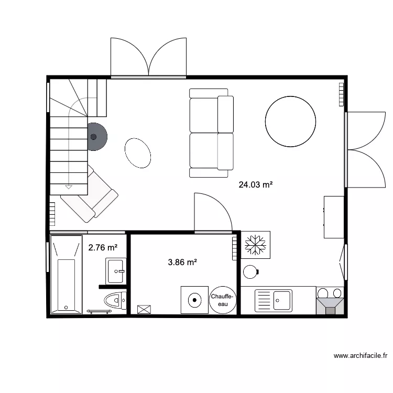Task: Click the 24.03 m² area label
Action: click(256, 184)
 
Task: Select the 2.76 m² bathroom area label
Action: click(103, 248)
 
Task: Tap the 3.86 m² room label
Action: click(182, 262)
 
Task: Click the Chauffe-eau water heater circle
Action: click(223, 300)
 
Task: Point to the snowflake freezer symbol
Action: click(256, 244)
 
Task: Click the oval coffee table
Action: click(138, 153)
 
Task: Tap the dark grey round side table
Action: click(94, 137)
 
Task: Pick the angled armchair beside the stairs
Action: click(90, 194)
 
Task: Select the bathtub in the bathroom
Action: click(66, 275)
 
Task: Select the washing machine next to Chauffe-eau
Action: click(194, 300)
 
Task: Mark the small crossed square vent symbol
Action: click(143, 309)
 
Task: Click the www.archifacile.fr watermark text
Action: click(360, 356)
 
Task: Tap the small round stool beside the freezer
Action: click(250, 272)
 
